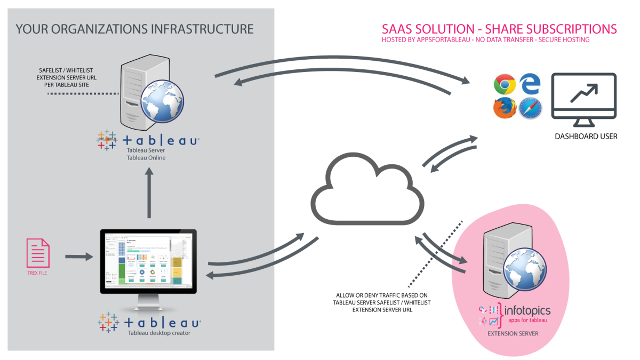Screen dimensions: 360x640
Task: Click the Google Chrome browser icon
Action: (x=504, y=84)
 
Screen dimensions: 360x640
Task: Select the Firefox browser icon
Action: (x=504, y=109)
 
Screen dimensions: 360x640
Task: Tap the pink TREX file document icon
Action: (x=38, y=253)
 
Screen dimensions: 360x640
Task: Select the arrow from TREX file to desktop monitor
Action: (x=78, y=257)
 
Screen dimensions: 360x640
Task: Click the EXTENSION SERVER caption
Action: (x=513, y=334)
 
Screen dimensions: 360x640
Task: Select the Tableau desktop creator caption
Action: (x=158, y=333)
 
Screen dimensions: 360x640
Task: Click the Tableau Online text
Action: (x=146, y=158)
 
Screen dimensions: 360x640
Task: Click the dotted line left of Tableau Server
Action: (x=82, y=94)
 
